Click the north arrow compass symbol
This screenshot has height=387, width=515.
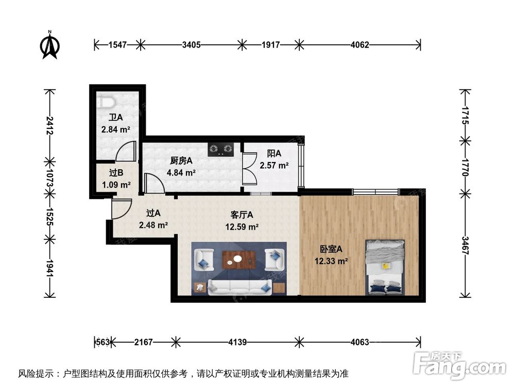click(49, 45)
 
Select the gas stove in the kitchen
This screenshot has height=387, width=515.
click(221, 150)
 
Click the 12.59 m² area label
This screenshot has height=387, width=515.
click(242, 226)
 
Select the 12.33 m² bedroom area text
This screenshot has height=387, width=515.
click(331, 261)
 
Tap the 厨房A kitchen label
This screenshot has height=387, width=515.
click(181, 160)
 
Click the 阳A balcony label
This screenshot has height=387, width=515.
click(274, 153)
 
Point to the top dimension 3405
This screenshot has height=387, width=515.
click(191, 45)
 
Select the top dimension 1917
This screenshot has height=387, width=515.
click(270, 45)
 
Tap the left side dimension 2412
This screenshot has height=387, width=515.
click(49, 125)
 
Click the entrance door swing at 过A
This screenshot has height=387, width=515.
click(118, 209)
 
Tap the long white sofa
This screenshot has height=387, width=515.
click(239, 287)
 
